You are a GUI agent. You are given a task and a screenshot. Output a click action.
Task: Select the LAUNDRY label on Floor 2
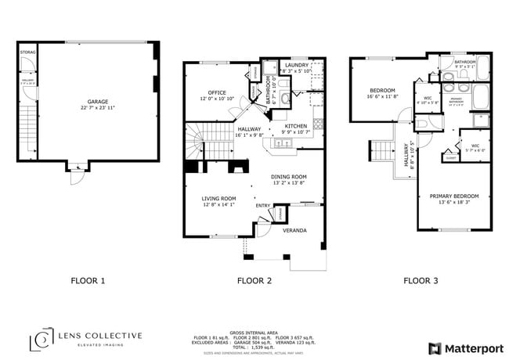coord(296,66)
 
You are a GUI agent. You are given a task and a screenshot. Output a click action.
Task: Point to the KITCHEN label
coord(295,126)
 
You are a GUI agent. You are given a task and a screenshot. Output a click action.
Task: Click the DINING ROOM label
coord(288,177)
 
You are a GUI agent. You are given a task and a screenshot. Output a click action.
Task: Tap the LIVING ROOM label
coord(218,199)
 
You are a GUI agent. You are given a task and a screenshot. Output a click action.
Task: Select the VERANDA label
coord(294,230)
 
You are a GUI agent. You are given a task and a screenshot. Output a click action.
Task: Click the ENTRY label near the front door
coord(262,206)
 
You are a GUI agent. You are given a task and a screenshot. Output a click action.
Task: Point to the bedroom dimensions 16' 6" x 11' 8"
coord(383,97)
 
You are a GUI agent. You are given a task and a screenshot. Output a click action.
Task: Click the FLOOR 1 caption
coord(88,279)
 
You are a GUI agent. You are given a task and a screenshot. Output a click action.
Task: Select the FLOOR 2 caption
coord(254,279)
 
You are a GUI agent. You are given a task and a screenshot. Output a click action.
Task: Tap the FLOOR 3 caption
coord(421,279)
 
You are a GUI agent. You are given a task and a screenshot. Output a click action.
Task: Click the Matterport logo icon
coord(433,347)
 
